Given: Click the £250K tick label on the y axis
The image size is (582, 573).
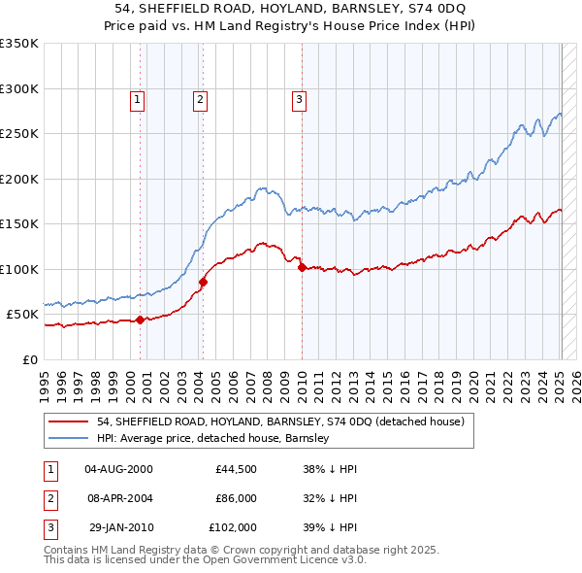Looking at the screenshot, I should click(18, 134).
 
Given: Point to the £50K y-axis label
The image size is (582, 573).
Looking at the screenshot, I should click(21, 315).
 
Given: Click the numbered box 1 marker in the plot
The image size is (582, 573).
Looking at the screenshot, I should click(137, 98).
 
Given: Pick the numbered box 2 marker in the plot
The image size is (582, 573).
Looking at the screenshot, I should click(199, 98).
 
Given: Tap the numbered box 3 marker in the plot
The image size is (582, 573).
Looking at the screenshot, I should click(299, 98).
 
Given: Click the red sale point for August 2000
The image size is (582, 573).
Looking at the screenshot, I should click(140, 319).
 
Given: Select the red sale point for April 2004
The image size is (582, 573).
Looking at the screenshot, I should click(203, 282).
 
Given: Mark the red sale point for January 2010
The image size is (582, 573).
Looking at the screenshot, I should click(302, 267).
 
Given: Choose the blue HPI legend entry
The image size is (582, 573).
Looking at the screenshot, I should click(213, 438).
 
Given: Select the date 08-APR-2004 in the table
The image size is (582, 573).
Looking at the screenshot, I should click(119, 497).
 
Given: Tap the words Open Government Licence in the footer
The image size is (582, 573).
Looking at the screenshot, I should click(279, 559).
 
